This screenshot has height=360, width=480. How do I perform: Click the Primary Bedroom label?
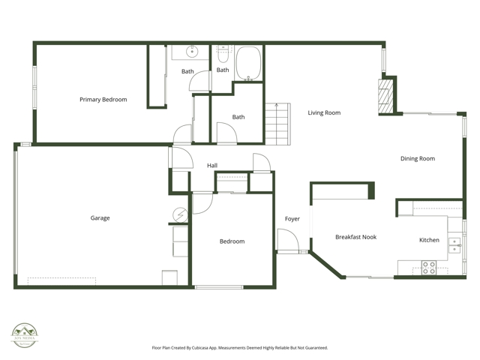click(x=103, y=99)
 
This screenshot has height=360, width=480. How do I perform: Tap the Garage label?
click(x=100, y=218)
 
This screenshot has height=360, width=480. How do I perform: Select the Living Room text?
click(x=324, y=113)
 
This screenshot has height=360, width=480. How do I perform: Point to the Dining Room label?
click(x=417, y=158)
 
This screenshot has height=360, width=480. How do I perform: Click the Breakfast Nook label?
click(x=355, y=237)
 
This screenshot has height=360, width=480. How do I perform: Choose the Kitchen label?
click(x=429, y=240)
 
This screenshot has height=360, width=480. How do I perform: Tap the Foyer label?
click(x=292, y=219)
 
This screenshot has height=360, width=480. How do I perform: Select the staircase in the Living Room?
click(x=276, y=123)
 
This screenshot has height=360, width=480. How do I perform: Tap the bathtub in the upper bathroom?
click(x=249, y=64)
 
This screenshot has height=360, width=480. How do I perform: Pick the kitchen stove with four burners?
click(x=429, y=268)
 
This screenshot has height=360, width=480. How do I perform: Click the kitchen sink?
click(x=454, y=244)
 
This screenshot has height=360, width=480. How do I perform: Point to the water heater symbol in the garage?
click(x=180, y=214)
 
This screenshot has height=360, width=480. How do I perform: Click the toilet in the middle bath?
click(x=223, y=55)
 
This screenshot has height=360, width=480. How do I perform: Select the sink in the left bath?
click(x=190, y=52)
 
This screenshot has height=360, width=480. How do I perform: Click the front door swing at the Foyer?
click(x=289, y=241)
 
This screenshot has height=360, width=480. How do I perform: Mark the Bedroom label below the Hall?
click(x=232, y=241)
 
